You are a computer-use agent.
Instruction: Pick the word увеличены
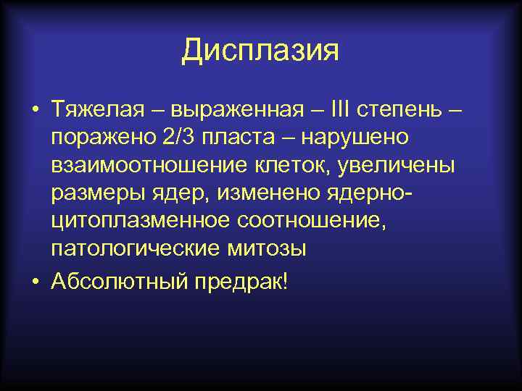tap(404, 165)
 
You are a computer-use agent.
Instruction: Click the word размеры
tap(97, 193)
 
